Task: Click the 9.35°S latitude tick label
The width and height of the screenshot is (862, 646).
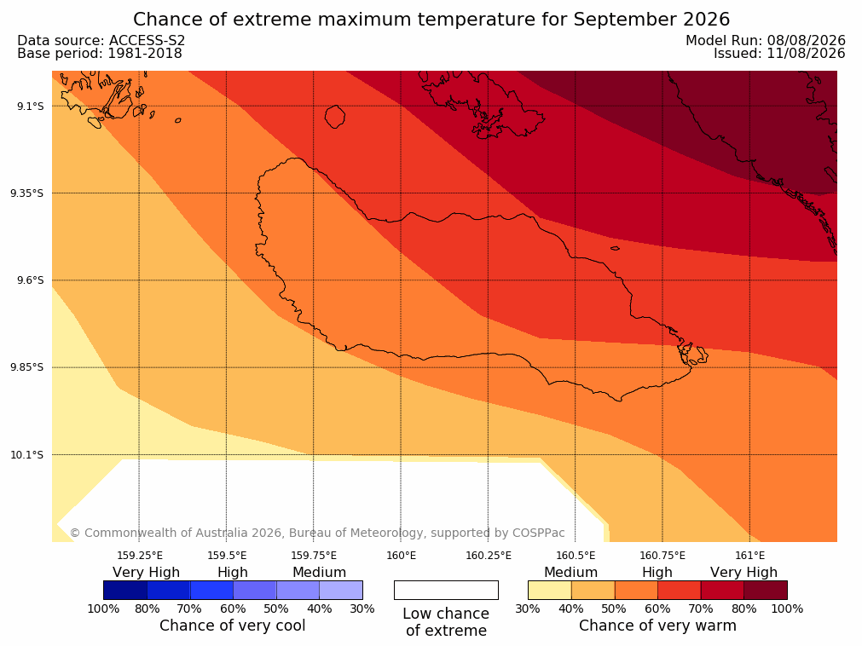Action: [27, 193]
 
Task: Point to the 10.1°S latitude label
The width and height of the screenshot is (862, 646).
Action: [27, 455]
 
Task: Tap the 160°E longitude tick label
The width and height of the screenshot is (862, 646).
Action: [402, 556]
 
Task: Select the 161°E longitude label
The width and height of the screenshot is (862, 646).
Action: [749, 556]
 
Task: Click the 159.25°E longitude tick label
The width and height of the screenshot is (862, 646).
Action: [140, 556]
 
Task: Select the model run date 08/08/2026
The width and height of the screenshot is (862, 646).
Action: [806, 40]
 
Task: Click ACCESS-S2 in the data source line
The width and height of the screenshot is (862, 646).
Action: [147, 40]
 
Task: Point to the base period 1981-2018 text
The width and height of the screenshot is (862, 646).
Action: [145, 54]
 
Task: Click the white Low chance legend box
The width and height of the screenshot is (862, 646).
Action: [447, 590]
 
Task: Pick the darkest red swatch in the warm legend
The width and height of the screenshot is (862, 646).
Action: [766, 590]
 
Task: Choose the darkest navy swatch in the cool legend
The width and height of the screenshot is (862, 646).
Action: [125, 590]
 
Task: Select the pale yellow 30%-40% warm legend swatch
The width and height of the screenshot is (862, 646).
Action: [550, 590]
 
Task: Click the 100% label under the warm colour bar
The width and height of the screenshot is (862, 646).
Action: [787, 609]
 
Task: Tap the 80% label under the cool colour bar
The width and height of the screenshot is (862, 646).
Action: [147, 609]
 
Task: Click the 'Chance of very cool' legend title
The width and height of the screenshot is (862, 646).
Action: [233, 626]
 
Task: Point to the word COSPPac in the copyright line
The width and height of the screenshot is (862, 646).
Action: [538, 533]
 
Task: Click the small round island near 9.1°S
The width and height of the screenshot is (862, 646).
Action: [335, 117]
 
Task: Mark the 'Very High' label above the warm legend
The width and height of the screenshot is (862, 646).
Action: [743, 573]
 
